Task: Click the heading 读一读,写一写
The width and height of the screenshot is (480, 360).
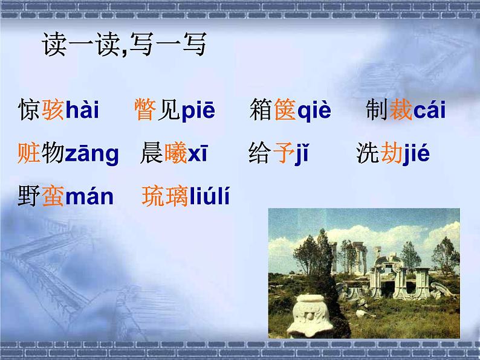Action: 124,47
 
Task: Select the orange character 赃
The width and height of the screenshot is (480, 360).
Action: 29,154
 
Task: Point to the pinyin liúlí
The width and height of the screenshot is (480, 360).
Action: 210,196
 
